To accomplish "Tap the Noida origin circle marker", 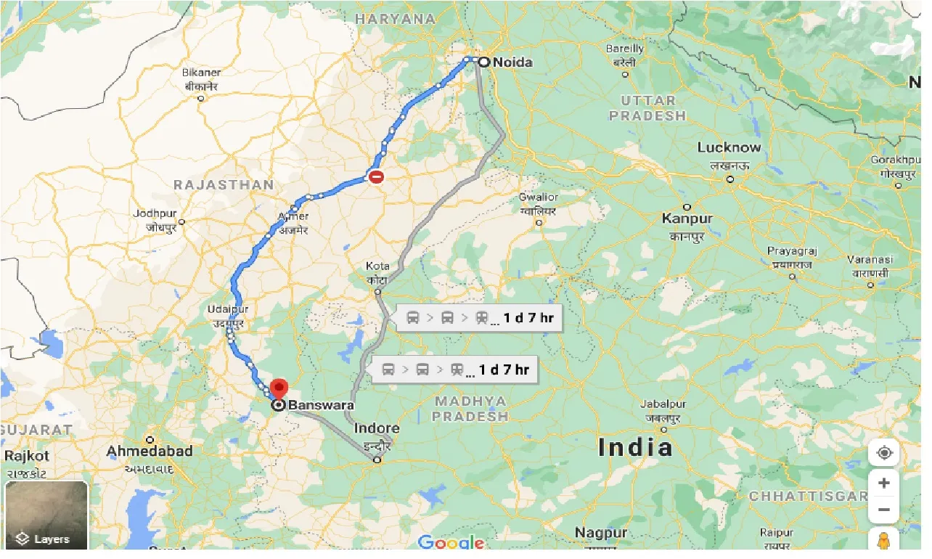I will click(483, 62).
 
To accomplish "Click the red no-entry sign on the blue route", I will click(376, 176).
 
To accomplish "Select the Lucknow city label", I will click(729, 147).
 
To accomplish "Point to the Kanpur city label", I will click(687, 219).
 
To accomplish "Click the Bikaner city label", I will click(201, 73).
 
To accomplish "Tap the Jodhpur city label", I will click(155, 214).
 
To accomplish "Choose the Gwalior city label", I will click(538, 197).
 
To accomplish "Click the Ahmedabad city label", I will click(150, 452).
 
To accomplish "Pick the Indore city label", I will click(377, 429).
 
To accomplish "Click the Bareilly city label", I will click(624, 49).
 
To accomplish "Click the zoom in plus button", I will click(883, 483).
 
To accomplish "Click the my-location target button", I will click(883, 454).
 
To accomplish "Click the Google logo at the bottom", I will click(451, 542).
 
